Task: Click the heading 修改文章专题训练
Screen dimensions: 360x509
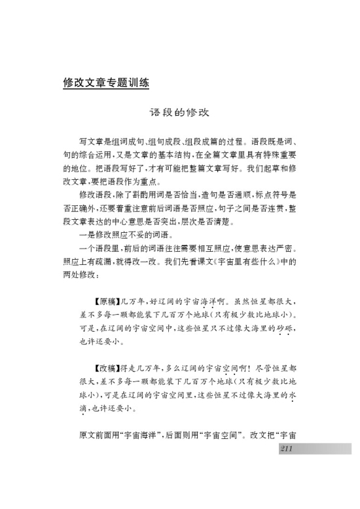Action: click(x=107, y=83)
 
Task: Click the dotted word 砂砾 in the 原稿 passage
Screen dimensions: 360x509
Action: click(x=283, y=328)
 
